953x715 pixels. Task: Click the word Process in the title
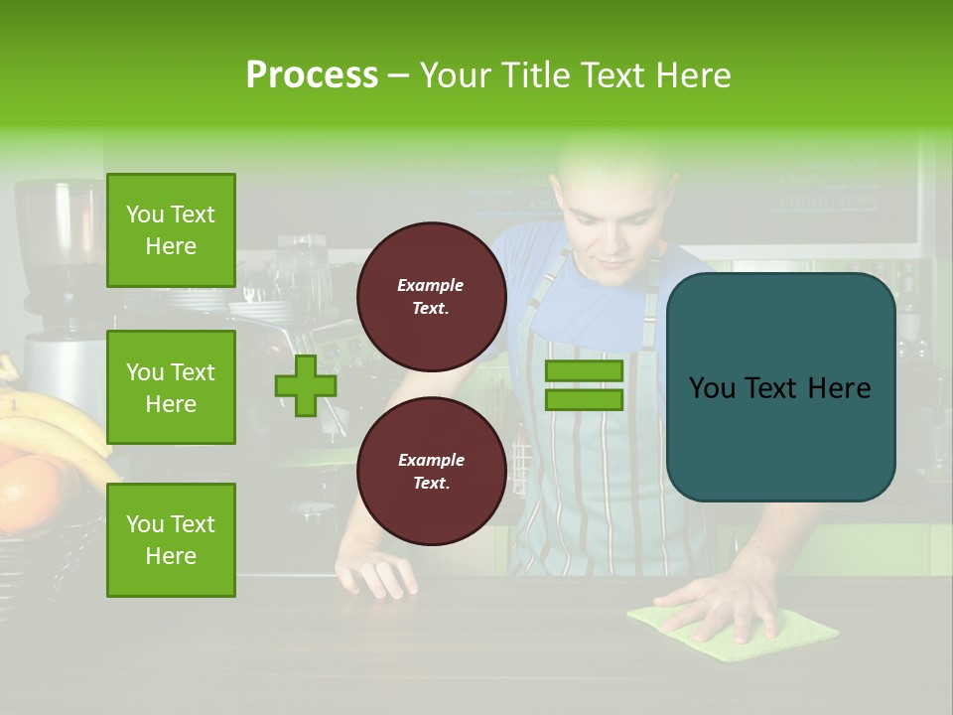click(312, 75)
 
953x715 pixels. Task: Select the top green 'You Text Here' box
click(171, 230)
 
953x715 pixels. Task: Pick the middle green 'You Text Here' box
click(171, 387)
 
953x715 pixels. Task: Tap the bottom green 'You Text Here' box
click(171, 539)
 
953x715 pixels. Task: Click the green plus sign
click(306, 385)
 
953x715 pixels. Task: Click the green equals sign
click(584, 385)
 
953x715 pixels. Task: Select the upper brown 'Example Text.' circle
click(431, 296)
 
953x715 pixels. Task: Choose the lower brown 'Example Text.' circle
click(431, 471)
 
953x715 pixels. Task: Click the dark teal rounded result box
click(780, 387)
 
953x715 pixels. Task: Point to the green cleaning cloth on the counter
click(794, 636)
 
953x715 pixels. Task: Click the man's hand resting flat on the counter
click(377, 574)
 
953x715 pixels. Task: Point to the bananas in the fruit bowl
click(50, 417)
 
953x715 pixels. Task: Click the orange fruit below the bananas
click(35, 492)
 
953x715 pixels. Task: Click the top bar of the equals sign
click(584, 370)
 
